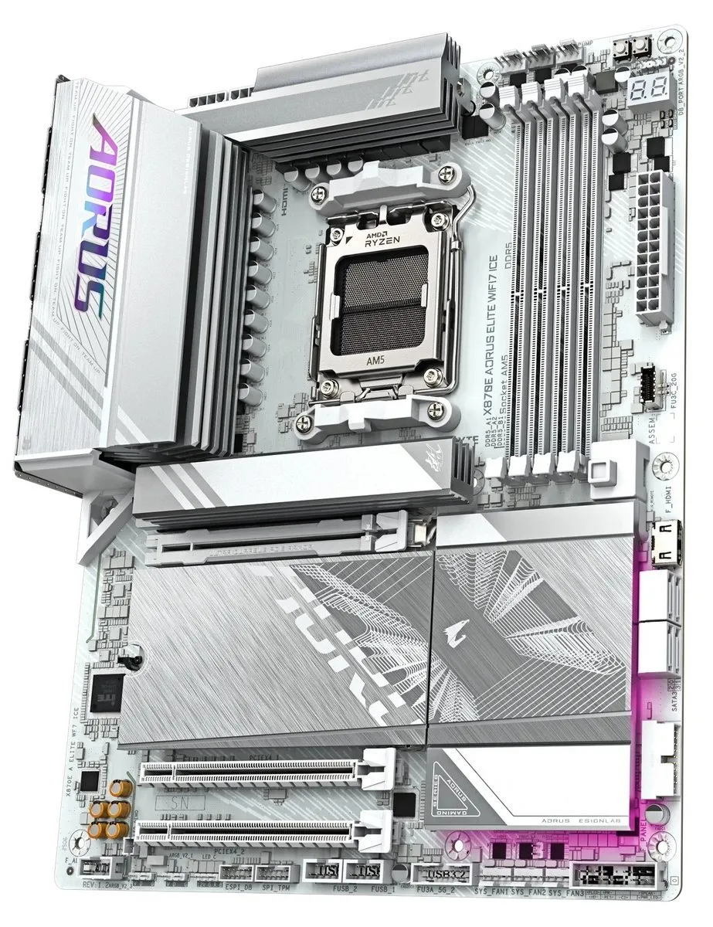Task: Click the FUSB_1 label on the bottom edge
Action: pyautogui.click(x=383, y=890)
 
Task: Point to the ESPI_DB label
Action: pyautogui.click(x=236, y=888)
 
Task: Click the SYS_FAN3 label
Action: pyautogui.click(x=565, y=892)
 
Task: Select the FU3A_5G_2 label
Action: pyautogui.click(x=438, y=891)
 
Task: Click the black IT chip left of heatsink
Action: pyautogui.click(x=105, y=692)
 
